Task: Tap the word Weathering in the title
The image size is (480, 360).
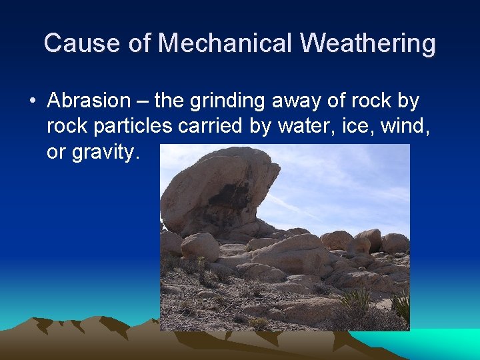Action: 368,43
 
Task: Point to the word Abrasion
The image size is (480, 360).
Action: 89,101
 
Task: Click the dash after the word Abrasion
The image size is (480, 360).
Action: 142,101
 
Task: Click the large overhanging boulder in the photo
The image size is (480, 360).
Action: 213,187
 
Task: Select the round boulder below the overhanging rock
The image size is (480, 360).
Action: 200,247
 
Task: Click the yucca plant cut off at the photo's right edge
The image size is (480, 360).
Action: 402,305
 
